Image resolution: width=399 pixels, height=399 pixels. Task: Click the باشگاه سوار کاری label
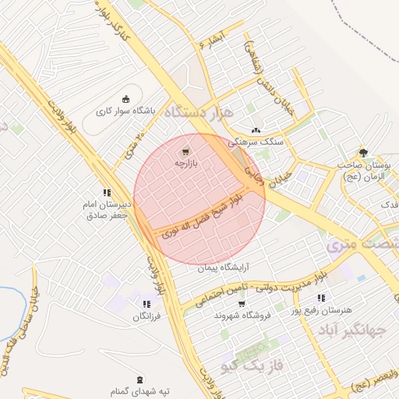tap(126, 111)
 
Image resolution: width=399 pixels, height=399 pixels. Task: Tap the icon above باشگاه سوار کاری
tap(126, 98)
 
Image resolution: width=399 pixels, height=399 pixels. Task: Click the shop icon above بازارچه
tap(185, 151)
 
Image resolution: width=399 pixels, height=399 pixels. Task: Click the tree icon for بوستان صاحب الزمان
tap(362, 153)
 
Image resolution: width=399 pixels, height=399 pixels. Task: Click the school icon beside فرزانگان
tap(146, 304)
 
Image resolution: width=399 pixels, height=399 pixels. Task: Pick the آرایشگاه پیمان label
tap(221, 267)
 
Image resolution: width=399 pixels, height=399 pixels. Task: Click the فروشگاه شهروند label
tap(241, 315)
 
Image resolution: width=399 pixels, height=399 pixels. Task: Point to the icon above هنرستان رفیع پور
tap(320, 298)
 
